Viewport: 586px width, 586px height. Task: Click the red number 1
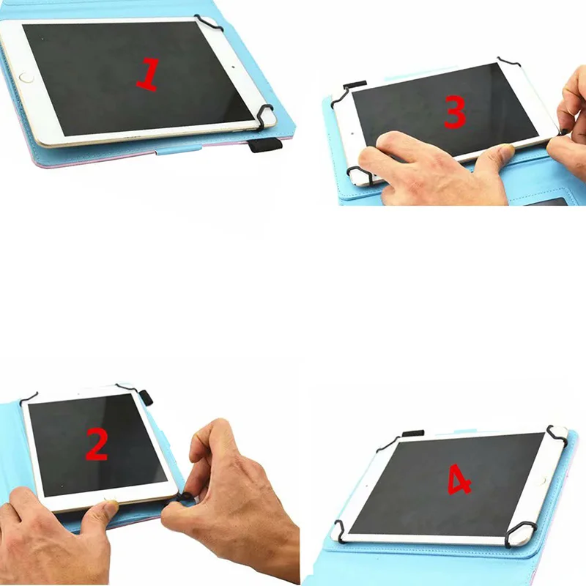pyautogui.click(x=148, y=75)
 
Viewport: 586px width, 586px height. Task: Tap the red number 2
pyautogui.click(x=97, y=443)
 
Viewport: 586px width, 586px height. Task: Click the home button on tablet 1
pyautogui.click(x=26, y=76)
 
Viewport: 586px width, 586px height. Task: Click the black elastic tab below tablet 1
pyautogui.click(x=264, y=144)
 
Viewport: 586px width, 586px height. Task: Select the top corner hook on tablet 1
pyautogui.click(x=209, y=23)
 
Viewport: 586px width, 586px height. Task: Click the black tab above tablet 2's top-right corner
pyautogui.click(x=144, y=396)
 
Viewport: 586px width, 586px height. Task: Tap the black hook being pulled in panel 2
pyautogui.click(x=184, y=497)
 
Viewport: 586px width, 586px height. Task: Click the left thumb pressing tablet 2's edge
pyautogui.click(x=103, y=509)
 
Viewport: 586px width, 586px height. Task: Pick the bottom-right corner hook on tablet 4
pyautogui.click(x=520, y=533)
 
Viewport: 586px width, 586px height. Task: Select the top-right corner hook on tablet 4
pyautogui.click(x=556, y=431)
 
